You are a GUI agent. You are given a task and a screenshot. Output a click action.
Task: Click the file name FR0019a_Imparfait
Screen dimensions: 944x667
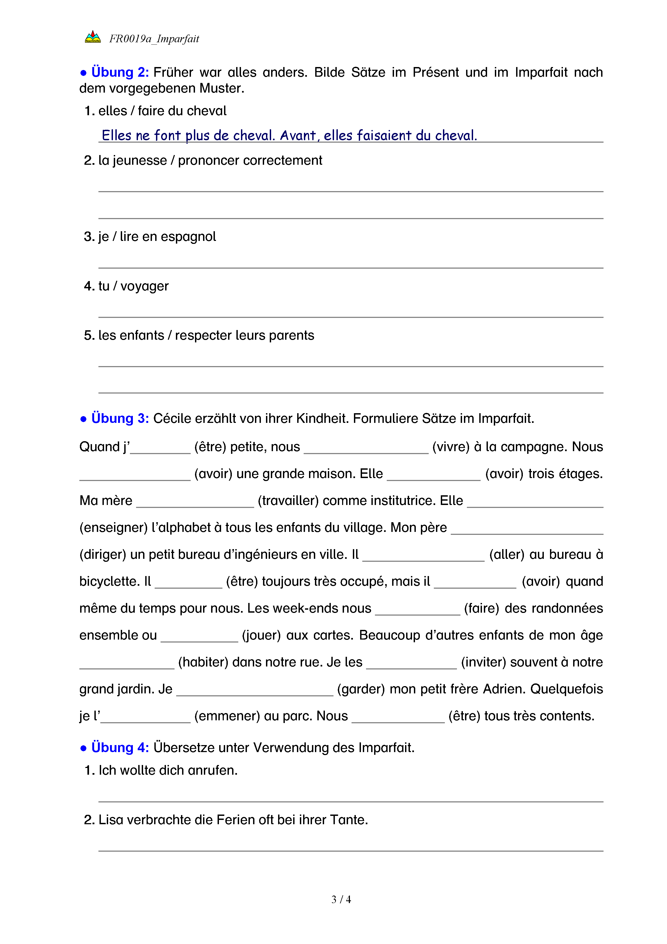pos(154,39)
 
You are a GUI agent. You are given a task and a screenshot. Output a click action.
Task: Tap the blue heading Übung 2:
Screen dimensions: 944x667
pos(120,72)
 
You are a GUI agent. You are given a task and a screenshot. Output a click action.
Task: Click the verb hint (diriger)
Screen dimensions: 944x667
pos(103,555)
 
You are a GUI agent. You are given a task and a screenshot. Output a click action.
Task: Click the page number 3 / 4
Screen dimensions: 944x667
pos(341,899)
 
